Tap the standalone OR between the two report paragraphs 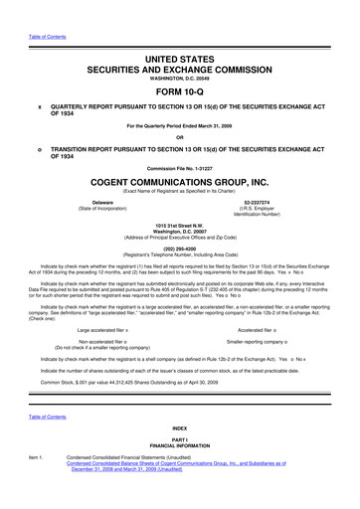click(x=179, y=136)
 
